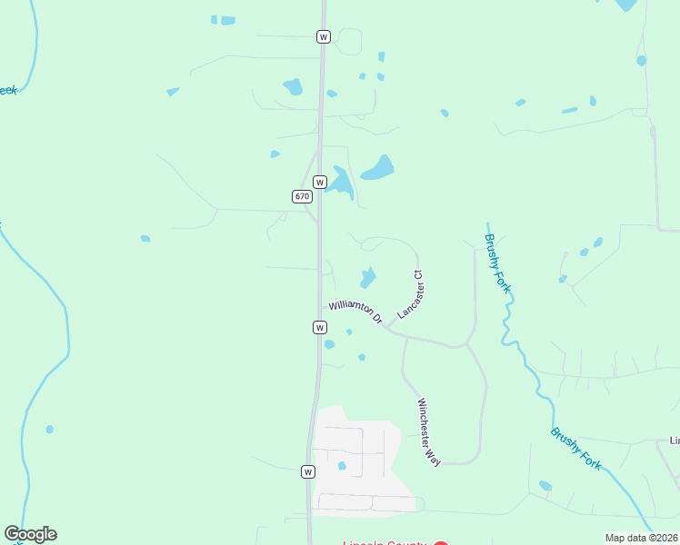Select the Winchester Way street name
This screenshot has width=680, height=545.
point(429,432)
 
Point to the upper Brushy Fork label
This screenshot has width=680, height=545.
point(497,263)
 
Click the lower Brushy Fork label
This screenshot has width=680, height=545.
point(575,448)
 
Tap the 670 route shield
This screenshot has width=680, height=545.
point(302,196)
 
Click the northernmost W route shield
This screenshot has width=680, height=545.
point(324,36)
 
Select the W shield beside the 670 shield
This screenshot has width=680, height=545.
point(319,182)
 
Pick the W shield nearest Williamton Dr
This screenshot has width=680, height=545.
point(319,327)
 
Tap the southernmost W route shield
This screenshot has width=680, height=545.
point(308,471)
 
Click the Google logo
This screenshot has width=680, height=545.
point(30,534)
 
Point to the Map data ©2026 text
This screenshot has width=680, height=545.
point(642,538)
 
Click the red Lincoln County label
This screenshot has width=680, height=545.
point(384,542)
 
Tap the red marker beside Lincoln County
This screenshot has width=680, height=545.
point(440,542)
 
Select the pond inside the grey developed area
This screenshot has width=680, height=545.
point(342,466)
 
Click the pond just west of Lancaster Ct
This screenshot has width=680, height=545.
point(368,276)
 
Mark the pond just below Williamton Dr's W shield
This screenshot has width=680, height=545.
point(329,344)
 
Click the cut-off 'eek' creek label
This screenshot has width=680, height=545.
point(7,91)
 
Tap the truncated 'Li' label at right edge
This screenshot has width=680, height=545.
point(675,441)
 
